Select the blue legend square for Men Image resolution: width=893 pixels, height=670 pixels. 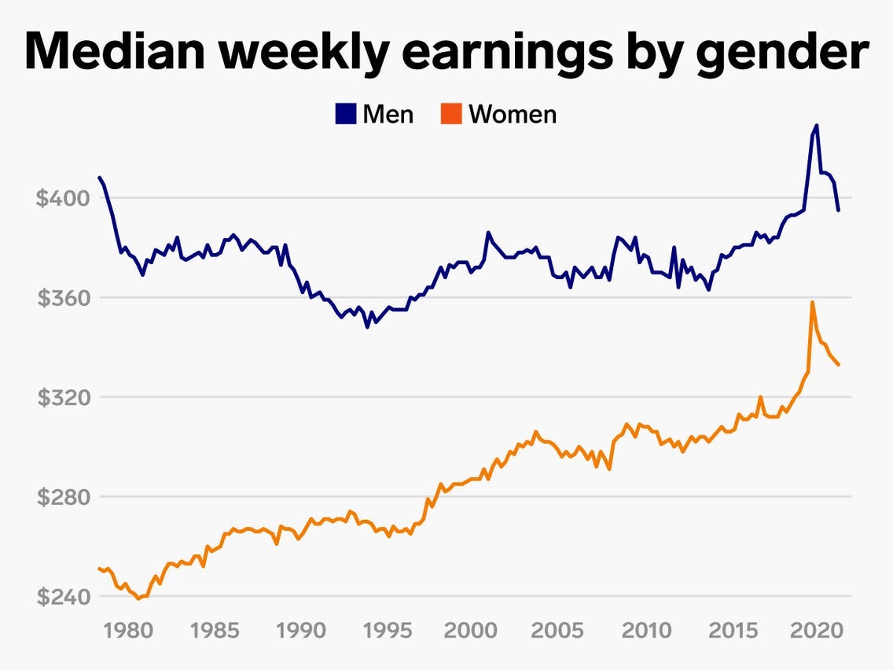tap(345, 114)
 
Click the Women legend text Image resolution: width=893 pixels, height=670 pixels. tap(513, 114)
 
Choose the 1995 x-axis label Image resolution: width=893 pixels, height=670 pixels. tap(384, 631)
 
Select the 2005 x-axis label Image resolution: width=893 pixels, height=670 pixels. tap(556, 631)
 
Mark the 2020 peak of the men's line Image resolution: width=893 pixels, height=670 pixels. tap(817, 125)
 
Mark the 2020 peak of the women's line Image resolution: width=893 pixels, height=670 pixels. tap(812, 302)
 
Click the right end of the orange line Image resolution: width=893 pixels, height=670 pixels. tap(839, 365)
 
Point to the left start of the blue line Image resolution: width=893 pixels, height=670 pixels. tap(99, 177)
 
